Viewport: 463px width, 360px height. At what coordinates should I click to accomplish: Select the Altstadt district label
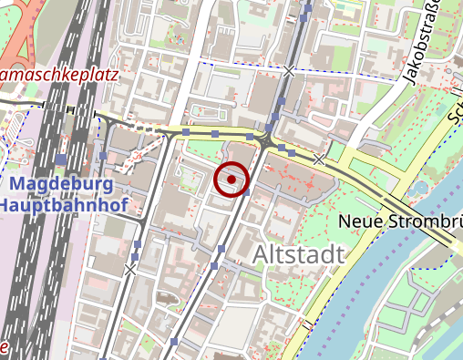(299, 254)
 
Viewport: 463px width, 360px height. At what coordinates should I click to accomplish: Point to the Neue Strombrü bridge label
(399, 221)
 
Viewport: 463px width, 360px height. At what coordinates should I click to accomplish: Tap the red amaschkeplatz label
(59, 74)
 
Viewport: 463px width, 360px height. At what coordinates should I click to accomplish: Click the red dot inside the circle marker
(232, 180)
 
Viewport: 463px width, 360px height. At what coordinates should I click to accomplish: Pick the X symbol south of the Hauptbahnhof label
(130, 270)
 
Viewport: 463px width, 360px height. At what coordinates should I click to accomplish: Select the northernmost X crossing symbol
(291, 70)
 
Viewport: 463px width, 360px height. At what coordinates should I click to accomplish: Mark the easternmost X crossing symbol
(319, 159)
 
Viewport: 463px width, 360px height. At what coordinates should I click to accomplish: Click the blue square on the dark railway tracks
(61, 159)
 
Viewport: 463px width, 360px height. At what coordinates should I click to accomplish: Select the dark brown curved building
(169, 298)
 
